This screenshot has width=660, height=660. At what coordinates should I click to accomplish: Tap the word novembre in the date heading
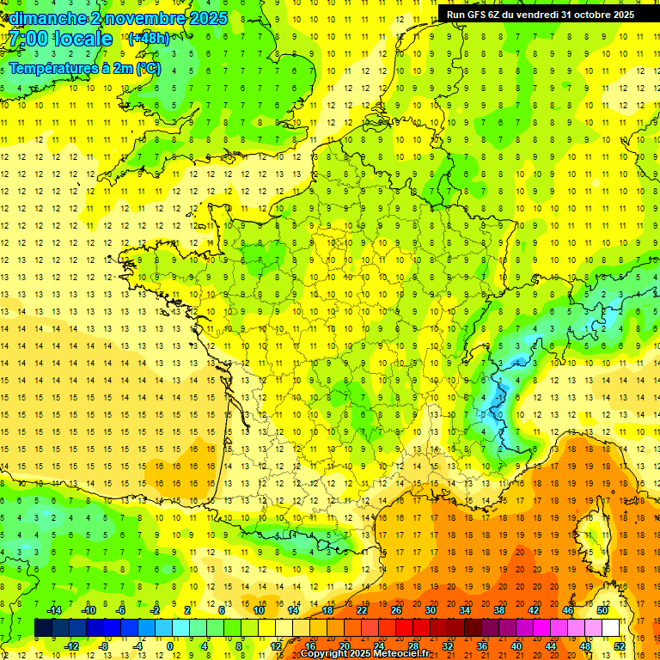144,18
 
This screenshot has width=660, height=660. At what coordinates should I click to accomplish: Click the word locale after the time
81,39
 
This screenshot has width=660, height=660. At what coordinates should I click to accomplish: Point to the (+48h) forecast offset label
149,38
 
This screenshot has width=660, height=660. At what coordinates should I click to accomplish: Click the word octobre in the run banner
596,14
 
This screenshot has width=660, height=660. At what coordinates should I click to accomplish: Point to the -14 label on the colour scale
53,610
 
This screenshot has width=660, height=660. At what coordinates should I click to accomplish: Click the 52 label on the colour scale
620,646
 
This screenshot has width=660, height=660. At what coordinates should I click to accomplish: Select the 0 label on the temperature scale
169,646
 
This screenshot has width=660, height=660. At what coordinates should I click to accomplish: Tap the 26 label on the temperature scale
396,610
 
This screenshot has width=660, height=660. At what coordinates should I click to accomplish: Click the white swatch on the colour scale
611,628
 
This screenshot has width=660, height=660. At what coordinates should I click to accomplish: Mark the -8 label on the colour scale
103,646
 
